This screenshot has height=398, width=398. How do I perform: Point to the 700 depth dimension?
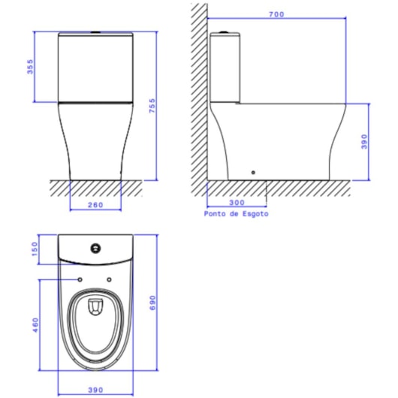[x=276, y=14]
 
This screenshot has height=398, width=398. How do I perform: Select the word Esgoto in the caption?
[x=255, y=213]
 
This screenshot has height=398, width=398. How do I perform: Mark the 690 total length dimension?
[x=152, y=302]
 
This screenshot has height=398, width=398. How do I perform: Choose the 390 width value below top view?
[x=95, y=390]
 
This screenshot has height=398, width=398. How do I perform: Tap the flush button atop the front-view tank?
[x=95, y=32]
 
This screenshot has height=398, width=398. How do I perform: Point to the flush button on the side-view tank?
[x=222, y=32]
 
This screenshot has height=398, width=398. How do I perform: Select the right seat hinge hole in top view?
[x=110, y=280]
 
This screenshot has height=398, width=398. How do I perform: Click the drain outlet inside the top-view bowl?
[x=95, y=306]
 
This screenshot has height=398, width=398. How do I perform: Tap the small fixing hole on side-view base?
[x=254, y=173]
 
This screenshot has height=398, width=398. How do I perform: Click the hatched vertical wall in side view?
[x=198, y=90]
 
